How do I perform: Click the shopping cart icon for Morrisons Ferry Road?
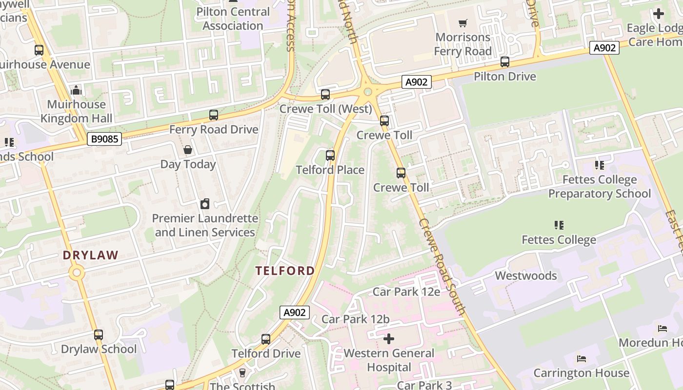463,23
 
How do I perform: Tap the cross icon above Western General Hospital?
389,338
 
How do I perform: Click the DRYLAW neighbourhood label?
91,255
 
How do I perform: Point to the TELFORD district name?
285,271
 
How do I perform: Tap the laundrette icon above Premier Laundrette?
205,204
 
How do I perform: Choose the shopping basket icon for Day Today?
188,150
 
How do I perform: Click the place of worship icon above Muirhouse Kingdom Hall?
76,90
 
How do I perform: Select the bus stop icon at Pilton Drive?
505,62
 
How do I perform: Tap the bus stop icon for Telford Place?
330,156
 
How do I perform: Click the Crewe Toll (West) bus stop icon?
325,95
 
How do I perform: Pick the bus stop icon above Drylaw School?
99,335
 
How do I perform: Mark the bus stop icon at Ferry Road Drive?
214,115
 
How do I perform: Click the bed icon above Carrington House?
581,358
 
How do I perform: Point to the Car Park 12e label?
406,292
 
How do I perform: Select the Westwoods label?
525,275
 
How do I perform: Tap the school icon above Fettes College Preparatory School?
600,165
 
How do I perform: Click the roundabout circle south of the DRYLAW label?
77,273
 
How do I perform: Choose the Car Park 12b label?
356,319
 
